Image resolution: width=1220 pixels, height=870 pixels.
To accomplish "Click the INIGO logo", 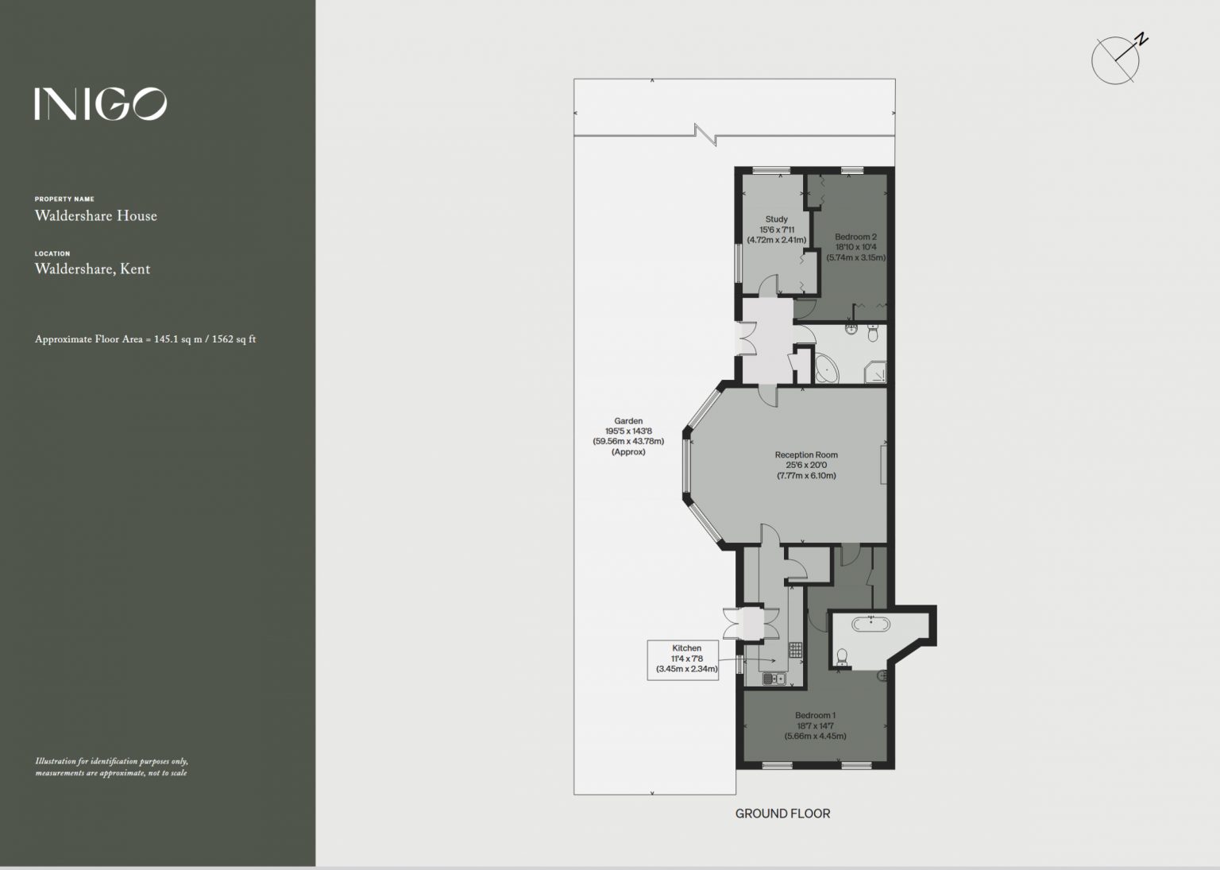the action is coord(101,103).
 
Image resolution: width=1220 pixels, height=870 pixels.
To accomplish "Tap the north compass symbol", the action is coord(1117,59).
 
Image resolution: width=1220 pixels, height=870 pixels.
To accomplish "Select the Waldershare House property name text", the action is coord(96,216).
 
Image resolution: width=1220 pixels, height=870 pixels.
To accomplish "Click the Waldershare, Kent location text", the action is coord(93,269).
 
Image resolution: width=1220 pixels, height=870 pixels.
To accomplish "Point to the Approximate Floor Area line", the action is coord(145,338).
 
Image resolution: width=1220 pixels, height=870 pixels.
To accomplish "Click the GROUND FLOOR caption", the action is coord(782,814).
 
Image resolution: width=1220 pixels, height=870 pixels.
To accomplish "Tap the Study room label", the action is coord(777,230).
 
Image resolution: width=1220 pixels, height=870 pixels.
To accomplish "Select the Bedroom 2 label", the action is coord(856,247).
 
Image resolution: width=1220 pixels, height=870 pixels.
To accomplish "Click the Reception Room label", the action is coord(807,465).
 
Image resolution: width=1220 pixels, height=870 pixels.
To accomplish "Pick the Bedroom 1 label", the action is coord(816,725).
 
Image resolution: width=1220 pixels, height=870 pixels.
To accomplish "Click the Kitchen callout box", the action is coord(683,659).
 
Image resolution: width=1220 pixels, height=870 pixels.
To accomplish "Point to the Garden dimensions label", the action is coord(628,436).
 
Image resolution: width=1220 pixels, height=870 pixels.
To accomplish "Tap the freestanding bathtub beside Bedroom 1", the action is coord(871,624).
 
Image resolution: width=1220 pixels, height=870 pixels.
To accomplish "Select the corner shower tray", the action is coord(874,372).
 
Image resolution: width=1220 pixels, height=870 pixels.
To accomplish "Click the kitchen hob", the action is coord(795,650).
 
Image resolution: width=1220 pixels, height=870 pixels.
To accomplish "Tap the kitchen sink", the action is coord(774,679).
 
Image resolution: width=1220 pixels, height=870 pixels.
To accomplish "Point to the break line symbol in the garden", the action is coord(705,134).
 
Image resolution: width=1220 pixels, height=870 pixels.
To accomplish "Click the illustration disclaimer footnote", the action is coord(112,767).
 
